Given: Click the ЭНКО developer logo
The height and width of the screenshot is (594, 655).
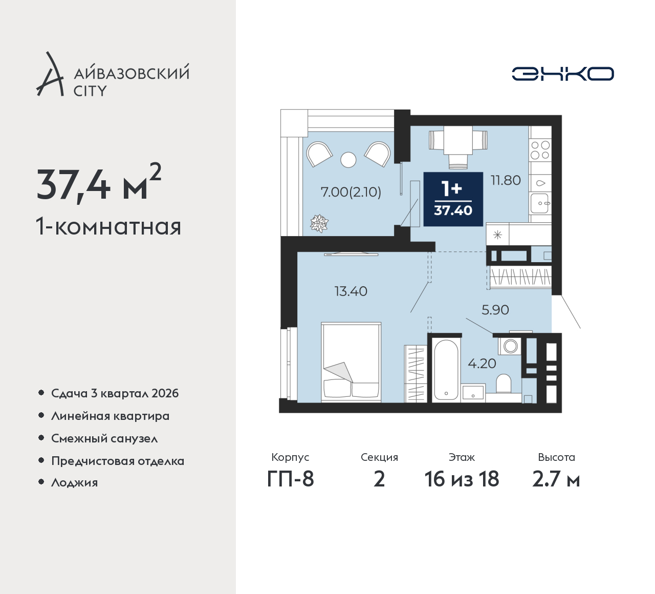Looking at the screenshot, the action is (562, 74).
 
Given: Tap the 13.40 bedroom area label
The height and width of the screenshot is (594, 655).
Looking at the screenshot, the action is (351, 291).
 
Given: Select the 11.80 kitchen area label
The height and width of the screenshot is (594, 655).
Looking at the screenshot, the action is (506, 180).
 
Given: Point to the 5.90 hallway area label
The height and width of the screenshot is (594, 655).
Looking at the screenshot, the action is (495, 310).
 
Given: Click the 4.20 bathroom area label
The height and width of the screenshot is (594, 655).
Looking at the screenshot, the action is (482, 364).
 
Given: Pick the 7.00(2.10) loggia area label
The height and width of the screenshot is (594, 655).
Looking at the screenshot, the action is (351, 192).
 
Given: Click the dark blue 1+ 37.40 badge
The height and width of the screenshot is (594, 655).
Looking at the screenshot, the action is (453, 199).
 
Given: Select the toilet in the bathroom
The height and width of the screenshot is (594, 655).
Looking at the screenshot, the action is (503, 384).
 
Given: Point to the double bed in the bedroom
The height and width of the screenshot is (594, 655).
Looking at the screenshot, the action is (351, 362).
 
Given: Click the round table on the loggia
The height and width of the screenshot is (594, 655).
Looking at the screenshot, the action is (348, 160).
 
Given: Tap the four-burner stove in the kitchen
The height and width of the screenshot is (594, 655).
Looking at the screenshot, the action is (540, 150).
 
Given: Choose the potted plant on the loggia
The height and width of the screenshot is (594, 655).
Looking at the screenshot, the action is (319, 224).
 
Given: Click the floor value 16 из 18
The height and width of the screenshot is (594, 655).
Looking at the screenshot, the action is (462, 479).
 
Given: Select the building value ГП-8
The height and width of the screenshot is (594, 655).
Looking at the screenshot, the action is (290, 479).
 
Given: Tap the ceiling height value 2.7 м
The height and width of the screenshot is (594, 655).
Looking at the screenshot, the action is (556, 479).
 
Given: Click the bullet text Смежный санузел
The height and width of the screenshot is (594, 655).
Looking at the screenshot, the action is (104, 438).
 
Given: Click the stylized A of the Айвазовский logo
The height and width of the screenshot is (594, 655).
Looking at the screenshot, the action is (50, 74).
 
